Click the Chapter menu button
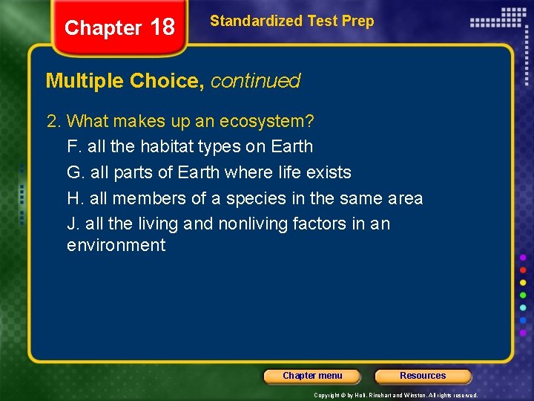(x=312, y=376)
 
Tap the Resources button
(x=423, y=376)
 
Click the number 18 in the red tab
(x=162, y=27)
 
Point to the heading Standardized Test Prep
(x=291, y=22)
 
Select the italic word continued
(x=255, y=81)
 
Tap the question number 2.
(x=51, y=120)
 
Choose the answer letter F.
(x=73, y=146)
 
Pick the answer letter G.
(x=74, y=172)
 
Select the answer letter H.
(x=73, y=198)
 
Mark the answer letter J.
(x=72, y=224)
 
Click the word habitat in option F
(x=165, y=146)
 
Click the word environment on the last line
(x=116, y=245)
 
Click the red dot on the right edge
(x=524, y=270)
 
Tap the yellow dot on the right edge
(x=524, y=282)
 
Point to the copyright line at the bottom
(x=395, y=395)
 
